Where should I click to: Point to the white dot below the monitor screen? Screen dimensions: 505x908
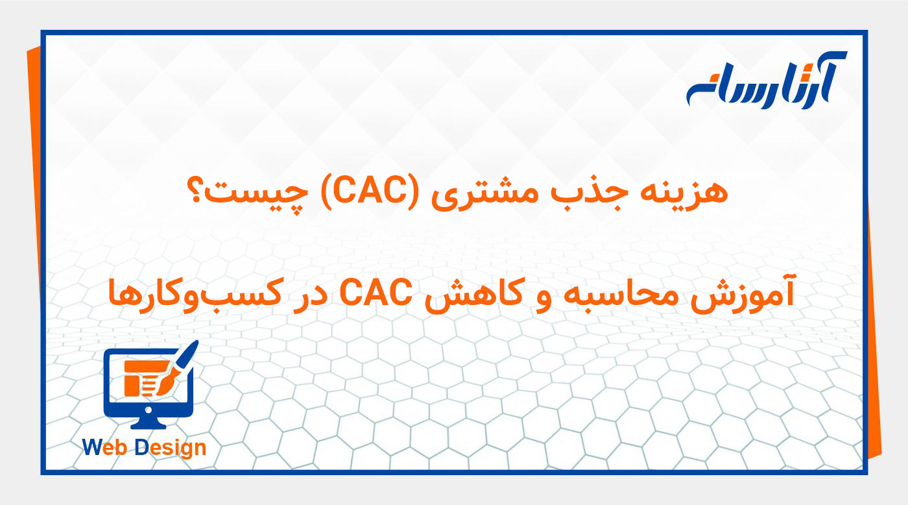pyautogui.click(x=149, y=410)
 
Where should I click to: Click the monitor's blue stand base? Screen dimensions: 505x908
pyautogui.click(x=149, y=425)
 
